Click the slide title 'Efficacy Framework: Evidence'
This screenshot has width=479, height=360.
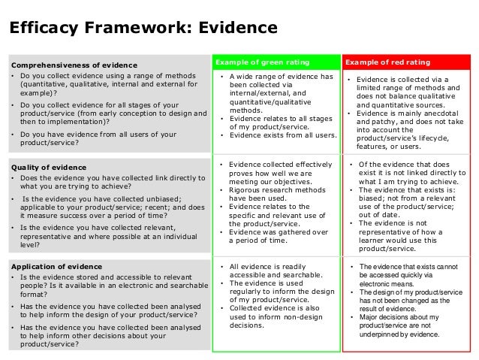(x=142, y=28)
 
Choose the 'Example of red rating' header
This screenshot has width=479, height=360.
(x=388, y=60)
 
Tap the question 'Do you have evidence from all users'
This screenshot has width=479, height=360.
(x=98, y=139)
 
